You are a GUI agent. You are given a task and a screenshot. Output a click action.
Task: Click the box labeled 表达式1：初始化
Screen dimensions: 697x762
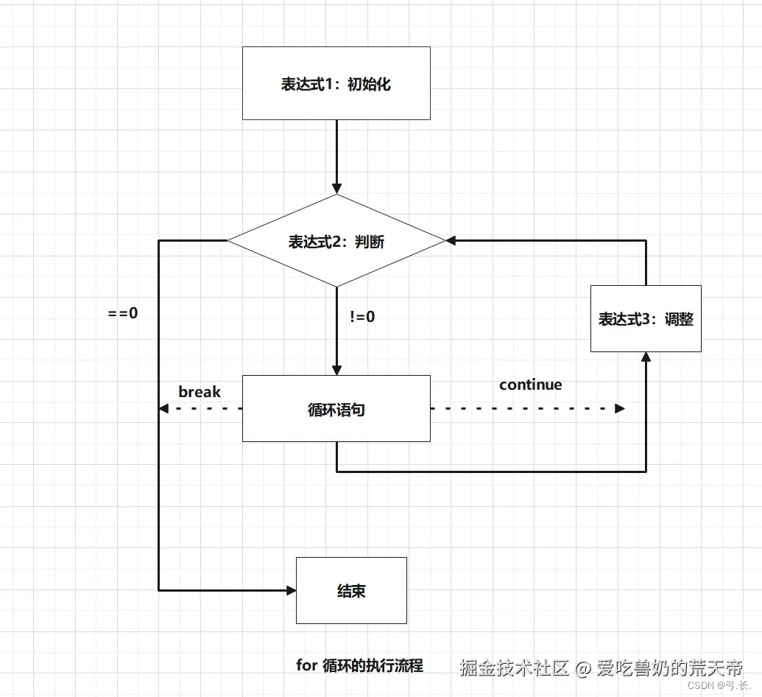click(x=336, y=83)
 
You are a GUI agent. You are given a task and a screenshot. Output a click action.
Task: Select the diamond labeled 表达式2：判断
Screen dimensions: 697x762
click(x=336, y=241)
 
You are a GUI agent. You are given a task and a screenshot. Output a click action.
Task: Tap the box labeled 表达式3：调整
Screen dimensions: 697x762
click(x=646, y=318)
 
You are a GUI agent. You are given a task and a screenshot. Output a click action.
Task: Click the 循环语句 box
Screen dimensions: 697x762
click(x=336, y=409)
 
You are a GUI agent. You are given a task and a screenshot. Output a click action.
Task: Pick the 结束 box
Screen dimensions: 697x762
click(x=351, y=590)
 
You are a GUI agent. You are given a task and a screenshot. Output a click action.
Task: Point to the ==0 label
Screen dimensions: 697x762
click(x=123, y=312)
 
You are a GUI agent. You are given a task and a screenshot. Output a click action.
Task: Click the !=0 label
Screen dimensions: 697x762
click(x=362, y=317)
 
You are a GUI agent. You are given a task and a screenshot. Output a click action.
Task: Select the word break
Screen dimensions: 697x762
click(x=200, y=392)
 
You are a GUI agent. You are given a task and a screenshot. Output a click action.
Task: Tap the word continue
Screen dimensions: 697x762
click(x=530, y=385)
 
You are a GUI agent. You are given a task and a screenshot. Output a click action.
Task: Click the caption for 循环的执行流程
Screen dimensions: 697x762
click(x=360, y=665)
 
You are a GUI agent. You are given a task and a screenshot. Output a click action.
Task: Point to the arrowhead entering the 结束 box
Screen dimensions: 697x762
click(x=290, y=590)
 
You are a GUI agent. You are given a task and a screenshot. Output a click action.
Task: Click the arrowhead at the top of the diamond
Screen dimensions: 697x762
click(x=336, y=189)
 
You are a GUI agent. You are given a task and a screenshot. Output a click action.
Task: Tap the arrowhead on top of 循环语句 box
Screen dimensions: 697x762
click(x=336, y=370)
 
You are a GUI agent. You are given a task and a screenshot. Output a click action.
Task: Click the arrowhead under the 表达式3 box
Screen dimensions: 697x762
click(x=646, y=357)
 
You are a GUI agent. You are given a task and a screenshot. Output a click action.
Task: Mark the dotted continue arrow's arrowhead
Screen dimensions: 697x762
click(x=620, y=408)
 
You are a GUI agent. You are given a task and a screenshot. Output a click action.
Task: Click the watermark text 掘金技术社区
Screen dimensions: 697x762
click(x=515, y=668)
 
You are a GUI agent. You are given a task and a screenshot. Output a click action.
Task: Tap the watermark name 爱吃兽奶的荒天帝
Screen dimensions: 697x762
click(x=670, y=668)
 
